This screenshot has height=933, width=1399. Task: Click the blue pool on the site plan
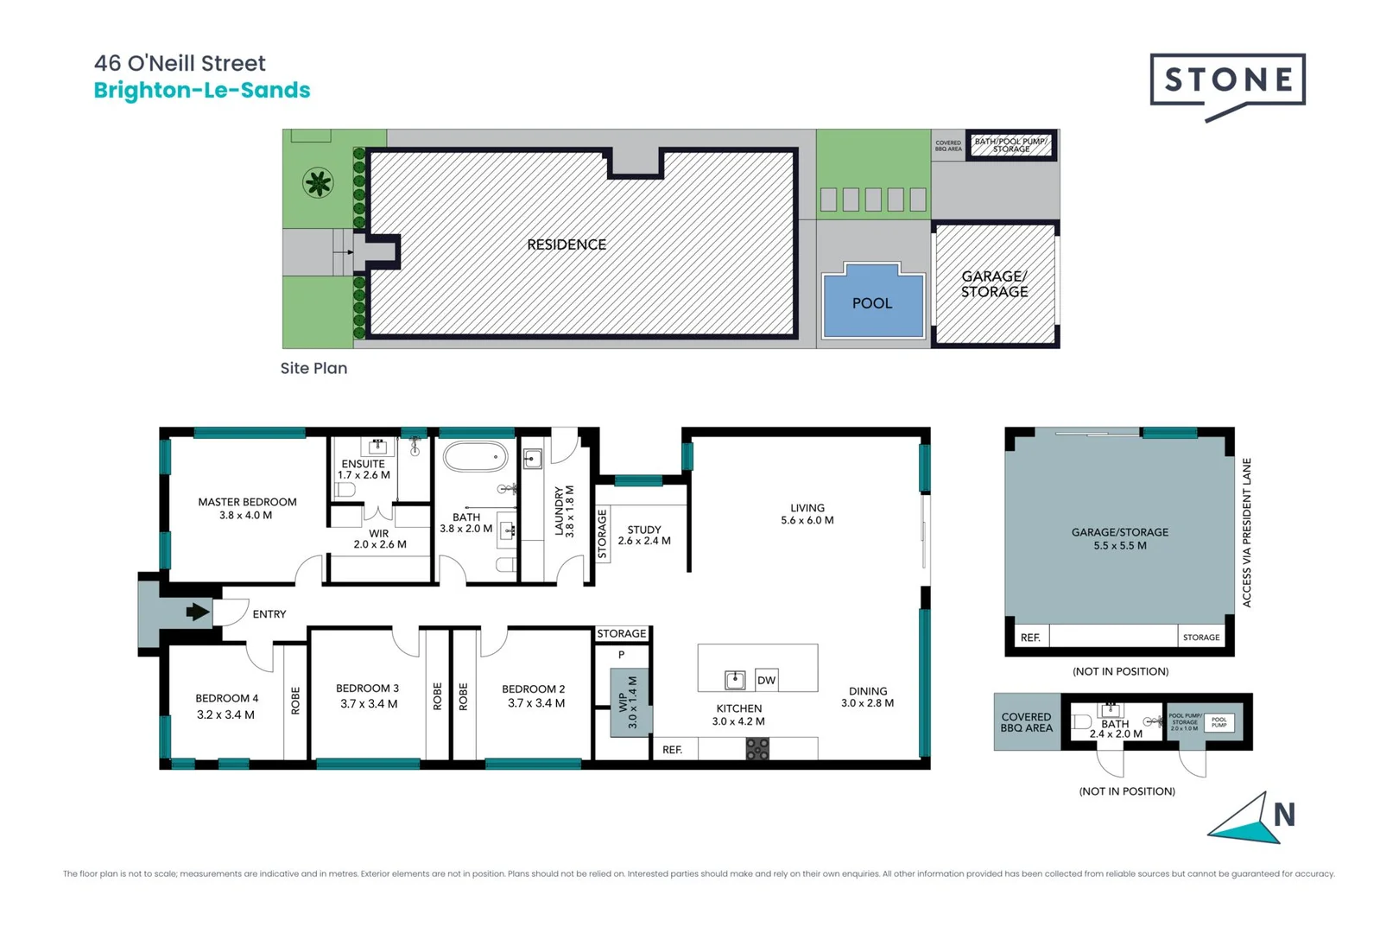click(x=873, y=304)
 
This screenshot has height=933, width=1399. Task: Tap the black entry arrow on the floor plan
click(x=198, y=612)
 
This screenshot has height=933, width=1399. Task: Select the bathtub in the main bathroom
click(x=475, y=456)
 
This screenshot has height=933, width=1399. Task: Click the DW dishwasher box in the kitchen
click(x=766, y=680)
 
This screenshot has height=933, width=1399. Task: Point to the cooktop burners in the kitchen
click(x=757, y=749)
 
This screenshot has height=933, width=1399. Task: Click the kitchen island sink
click(x=735, y=680)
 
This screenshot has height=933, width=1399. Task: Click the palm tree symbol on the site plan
click(x=318, y=182)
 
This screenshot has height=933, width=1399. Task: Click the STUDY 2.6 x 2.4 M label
click(x=644, y=536)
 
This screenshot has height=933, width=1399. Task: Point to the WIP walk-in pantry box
click(x=630, y=702)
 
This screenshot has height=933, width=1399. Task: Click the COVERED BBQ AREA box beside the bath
click(x=1027, y=722)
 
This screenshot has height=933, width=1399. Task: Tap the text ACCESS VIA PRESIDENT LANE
click(x=1246, y=533)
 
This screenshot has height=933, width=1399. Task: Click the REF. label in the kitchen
click(x=673, y=750)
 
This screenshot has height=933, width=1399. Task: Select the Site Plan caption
click(x=313, y=368)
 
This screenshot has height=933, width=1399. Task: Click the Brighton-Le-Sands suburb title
click(x=202, y=91)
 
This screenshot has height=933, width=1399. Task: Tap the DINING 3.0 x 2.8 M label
click(x=868, y=697)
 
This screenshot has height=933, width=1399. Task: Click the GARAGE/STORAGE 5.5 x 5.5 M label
click(x=1120, y=539)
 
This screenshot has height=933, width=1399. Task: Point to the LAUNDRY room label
click(x=564, y=511)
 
